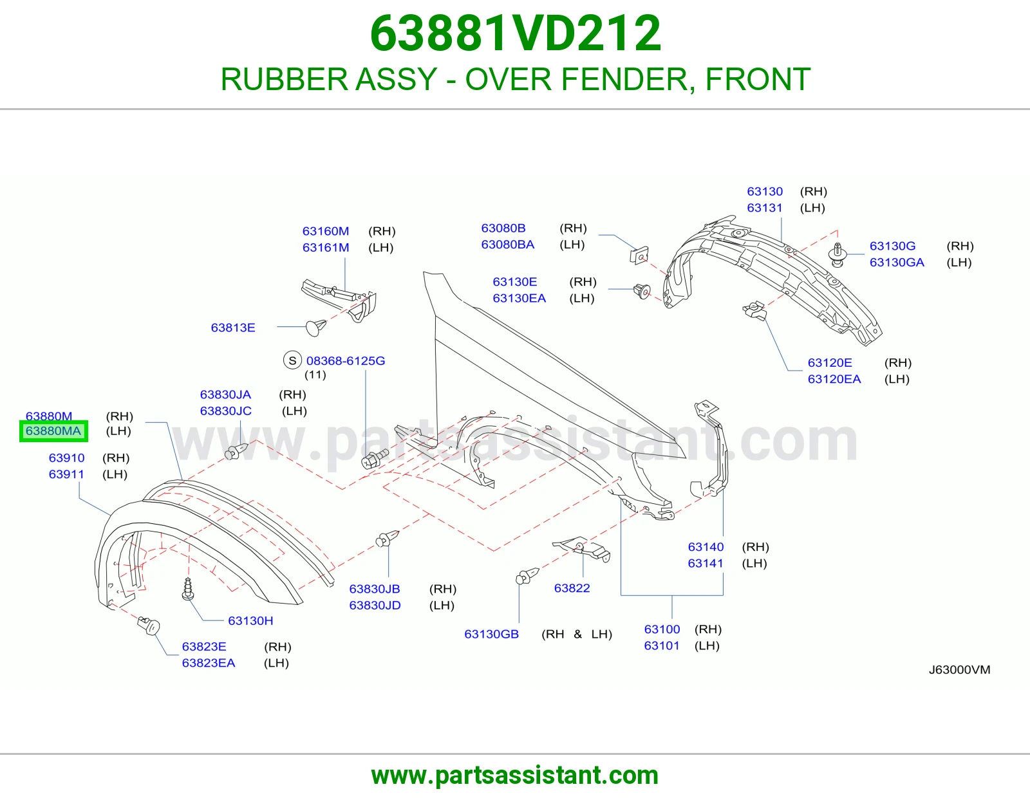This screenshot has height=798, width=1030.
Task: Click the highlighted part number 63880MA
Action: [x=53, y=431]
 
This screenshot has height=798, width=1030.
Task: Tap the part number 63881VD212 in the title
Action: [x=515, y=33]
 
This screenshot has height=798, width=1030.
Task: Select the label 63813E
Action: [x=233, y=328]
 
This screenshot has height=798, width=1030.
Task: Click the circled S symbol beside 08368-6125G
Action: [x=292, y=360]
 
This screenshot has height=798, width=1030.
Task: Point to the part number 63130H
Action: [x=250, y=620]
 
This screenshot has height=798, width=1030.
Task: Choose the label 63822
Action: [x=572, y=588]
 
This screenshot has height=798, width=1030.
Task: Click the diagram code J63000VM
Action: [x=959, y=669]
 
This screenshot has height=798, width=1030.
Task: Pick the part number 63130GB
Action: [x=492, y=634]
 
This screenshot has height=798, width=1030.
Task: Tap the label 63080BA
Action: [x=508, y=245]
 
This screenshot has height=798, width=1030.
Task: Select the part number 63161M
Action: [x=326, y=247]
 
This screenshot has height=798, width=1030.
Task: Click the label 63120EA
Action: [x=834, y=379]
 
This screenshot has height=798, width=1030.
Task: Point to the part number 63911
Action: [x=66, y=474]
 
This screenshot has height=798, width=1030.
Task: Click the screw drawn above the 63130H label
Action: [x=188, y=589]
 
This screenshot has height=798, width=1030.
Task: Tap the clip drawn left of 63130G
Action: [x=838, y=255]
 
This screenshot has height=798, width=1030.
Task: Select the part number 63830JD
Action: [x=375, y=605]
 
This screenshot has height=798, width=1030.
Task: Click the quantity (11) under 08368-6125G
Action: [x=315, y=375]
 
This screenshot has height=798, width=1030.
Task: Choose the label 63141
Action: [x=706, y=563]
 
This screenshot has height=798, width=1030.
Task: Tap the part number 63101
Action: [x=662, y=645]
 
